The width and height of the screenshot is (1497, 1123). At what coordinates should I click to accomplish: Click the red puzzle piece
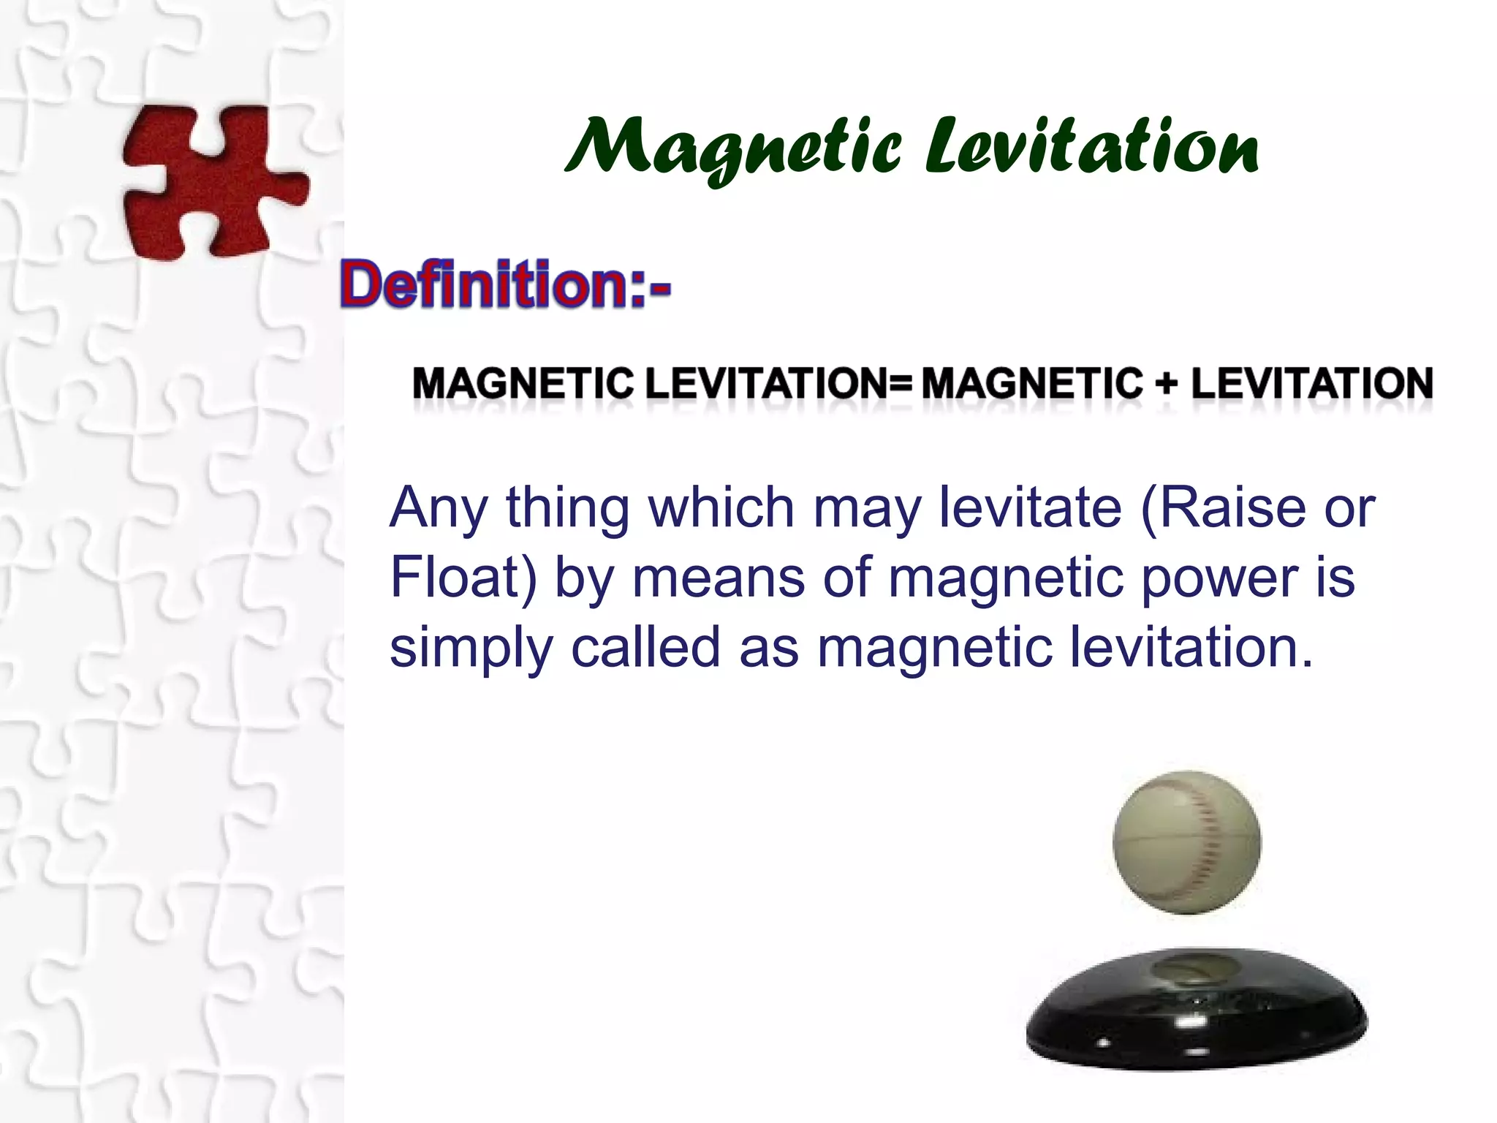[x=212, y=181]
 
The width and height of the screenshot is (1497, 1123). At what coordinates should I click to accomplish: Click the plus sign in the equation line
[x=1167, y=383]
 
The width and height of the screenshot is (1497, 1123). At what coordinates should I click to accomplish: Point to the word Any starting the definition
[x=437, y=508]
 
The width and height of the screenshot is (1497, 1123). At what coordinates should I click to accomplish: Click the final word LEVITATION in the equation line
[x=1311, y=383]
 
